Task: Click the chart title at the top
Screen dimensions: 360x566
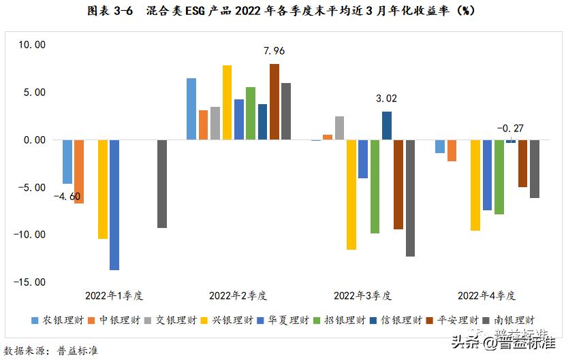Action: (282, 11)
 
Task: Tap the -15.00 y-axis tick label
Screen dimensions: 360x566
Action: (30, 282)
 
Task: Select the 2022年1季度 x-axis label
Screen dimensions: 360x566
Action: (114, 296)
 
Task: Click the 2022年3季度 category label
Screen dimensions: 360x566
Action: (362, 296)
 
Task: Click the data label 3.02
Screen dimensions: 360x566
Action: (386, 99)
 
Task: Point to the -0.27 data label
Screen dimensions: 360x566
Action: (509, 128)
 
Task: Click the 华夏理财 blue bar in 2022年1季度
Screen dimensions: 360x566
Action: (114, 204)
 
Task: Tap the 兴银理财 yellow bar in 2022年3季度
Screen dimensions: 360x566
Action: (351, 195)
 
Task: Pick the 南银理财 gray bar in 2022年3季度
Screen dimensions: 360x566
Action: (410, 198)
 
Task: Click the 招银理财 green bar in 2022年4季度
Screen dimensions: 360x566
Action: (499, 177)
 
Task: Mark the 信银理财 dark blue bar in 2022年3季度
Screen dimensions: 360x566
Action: (387, 126)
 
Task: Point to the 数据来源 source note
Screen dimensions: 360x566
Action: (51, 350)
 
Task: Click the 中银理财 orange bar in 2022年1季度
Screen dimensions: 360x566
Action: (79, 171)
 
